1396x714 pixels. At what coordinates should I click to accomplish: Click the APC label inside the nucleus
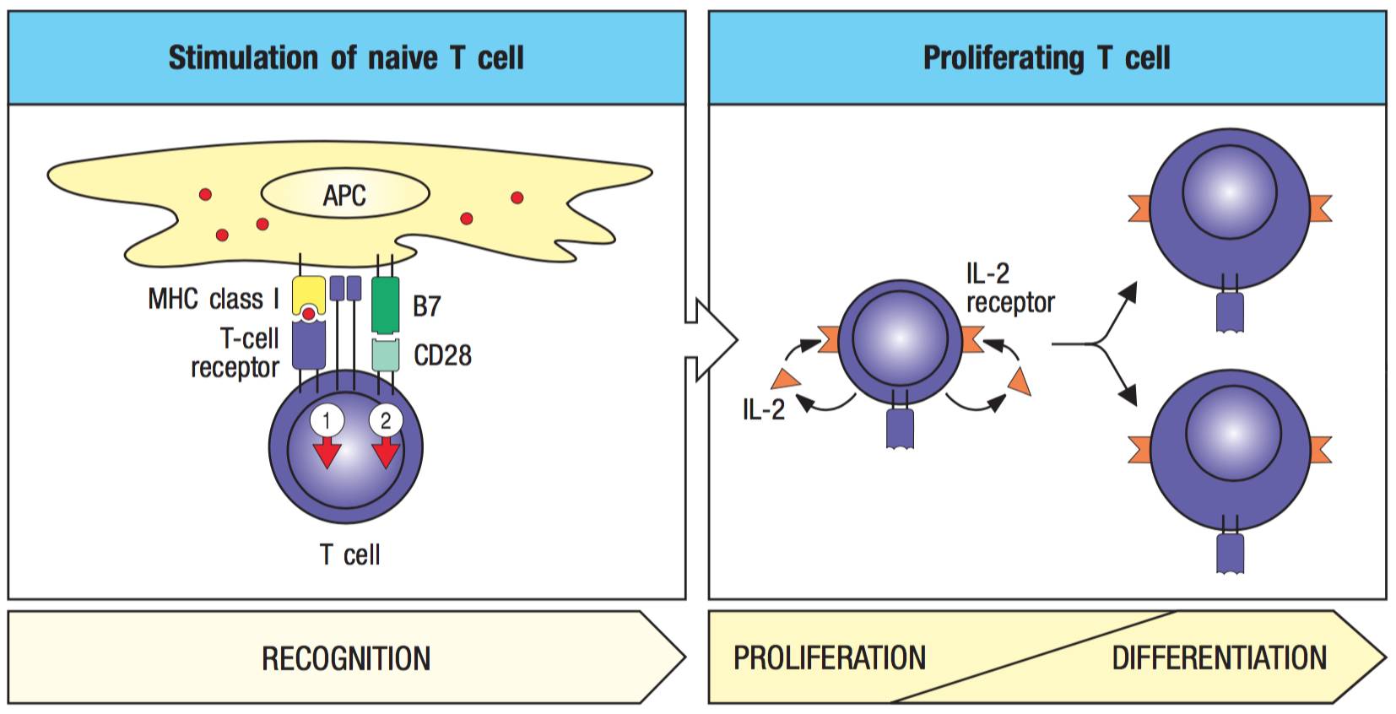[344, 196]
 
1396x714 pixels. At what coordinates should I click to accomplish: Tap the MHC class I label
[214, 299]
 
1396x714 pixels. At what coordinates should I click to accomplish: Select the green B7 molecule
[385, 305]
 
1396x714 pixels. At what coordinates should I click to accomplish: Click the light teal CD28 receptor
[385, 354]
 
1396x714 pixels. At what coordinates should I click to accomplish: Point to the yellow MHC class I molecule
[309, 295]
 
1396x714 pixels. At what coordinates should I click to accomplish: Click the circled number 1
[327, 420]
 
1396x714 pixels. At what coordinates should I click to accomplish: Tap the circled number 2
[386, 420]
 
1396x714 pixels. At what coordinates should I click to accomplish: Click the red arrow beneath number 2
[386, 453]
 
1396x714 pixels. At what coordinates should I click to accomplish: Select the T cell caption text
[349, 554]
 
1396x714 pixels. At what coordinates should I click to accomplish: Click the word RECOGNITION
[346, 658]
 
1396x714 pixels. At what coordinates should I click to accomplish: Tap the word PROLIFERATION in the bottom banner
[830, 658]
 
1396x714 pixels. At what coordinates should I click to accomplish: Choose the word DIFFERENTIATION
[1219, 658]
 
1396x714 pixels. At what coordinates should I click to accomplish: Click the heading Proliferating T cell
[1047, 58]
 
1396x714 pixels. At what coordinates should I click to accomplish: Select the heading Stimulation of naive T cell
[346, 58]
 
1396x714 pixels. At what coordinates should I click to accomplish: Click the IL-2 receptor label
[1010, 288]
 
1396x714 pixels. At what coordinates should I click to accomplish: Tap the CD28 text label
[442, 355]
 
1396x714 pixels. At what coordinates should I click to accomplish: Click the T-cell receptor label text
[235, 353]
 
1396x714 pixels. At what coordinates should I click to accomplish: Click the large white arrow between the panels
[712, 340]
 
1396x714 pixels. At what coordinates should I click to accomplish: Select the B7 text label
[426, 306]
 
